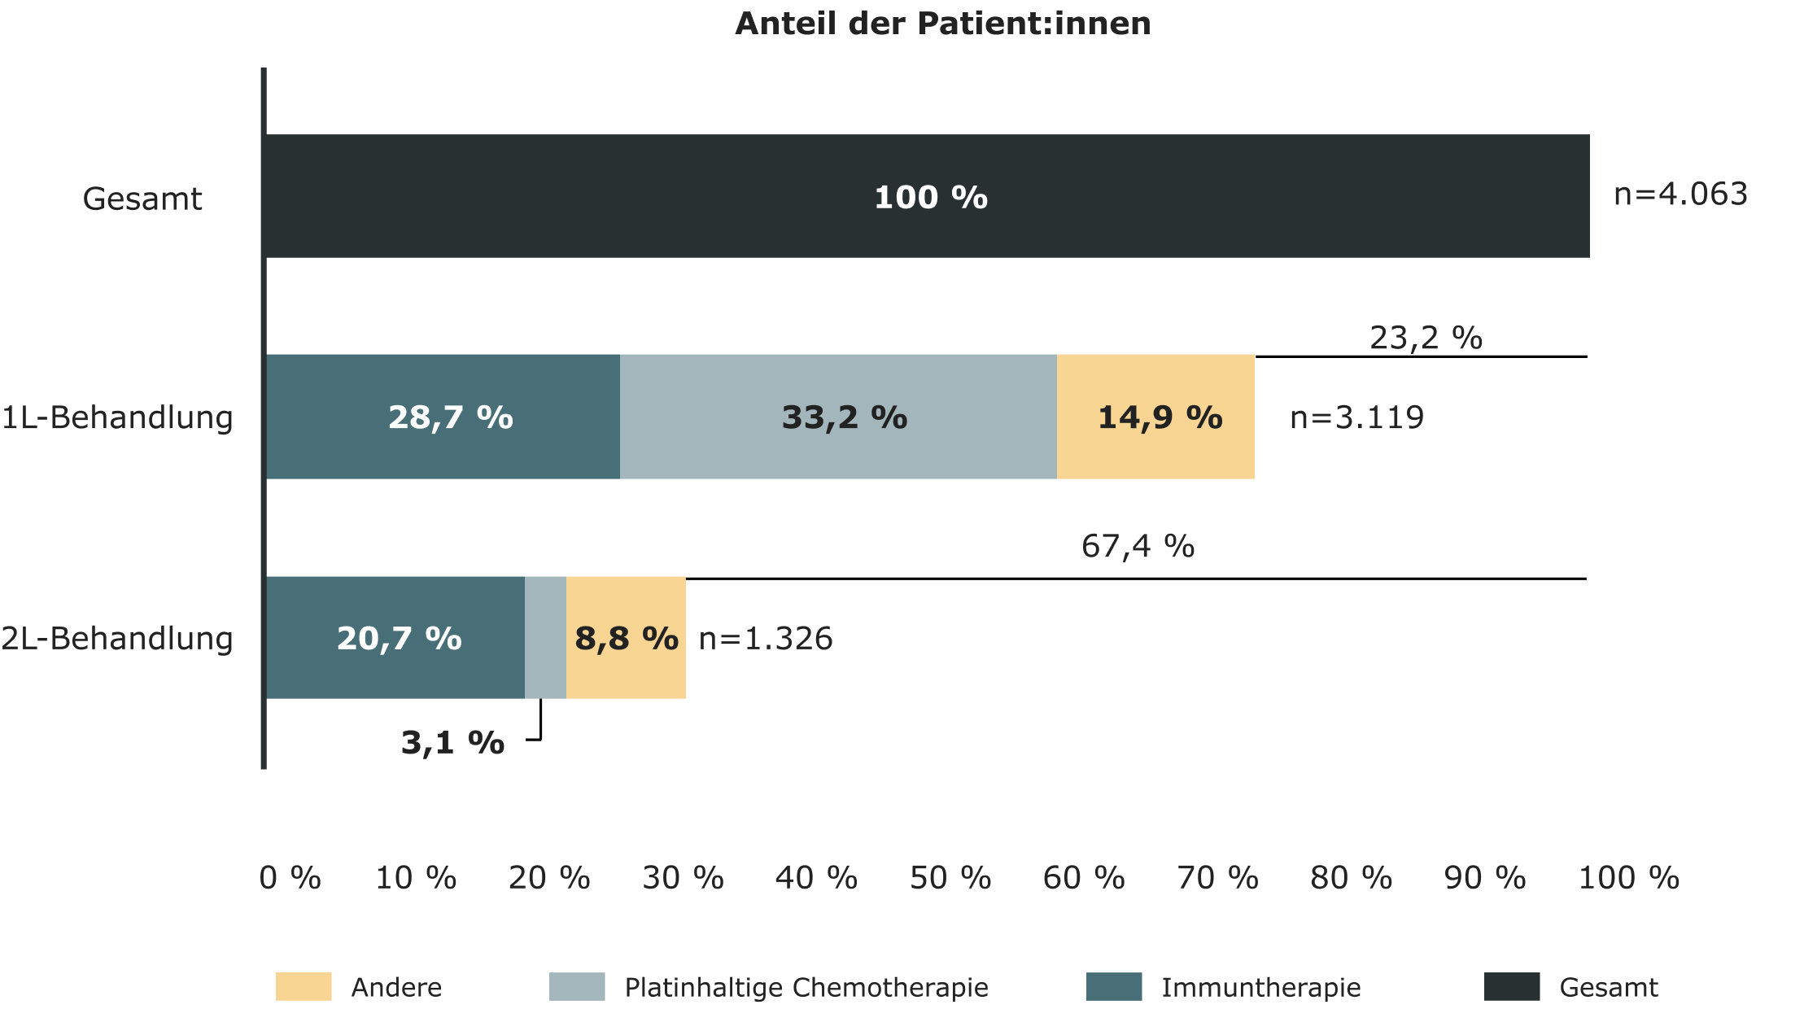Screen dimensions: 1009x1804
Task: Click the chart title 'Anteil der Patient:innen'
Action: pos(942,24)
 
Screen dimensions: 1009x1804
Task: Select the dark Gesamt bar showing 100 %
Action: pos(928,197)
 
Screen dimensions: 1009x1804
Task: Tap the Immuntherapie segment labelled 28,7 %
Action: pos(443,417)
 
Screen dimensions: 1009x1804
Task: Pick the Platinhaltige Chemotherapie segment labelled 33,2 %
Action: pos(838,417)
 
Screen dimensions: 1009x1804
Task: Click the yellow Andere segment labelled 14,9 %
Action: pos(1155,417)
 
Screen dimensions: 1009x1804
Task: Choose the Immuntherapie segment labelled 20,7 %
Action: pos(396,638)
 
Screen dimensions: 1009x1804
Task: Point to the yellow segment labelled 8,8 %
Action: pos(626,638)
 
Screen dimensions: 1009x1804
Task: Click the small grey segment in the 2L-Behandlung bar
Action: pos(545,638)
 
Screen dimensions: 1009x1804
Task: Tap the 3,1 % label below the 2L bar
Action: pos(452,742)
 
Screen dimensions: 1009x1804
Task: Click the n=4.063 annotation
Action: pos(1680,194)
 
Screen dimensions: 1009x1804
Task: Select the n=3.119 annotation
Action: pos(1356,417)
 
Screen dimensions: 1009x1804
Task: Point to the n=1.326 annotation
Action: pos(766,639)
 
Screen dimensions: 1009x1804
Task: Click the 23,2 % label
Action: pos(1426,338)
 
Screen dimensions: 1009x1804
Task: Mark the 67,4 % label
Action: pos(1138,546)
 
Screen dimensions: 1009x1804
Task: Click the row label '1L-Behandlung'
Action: pos(117,417)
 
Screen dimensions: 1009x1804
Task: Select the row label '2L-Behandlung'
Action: pos(117,639)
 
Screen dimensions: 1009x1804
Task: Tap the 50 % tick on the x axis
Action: pos(950,878)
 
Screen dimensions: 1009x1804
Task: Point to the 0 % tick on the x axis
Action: pos(290,878)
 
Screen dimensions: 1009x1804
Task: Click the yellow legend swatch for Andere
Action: pos(304,986)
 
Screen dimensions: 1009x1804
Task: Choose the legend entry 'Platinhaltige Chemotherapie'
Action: pos(806,987)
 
